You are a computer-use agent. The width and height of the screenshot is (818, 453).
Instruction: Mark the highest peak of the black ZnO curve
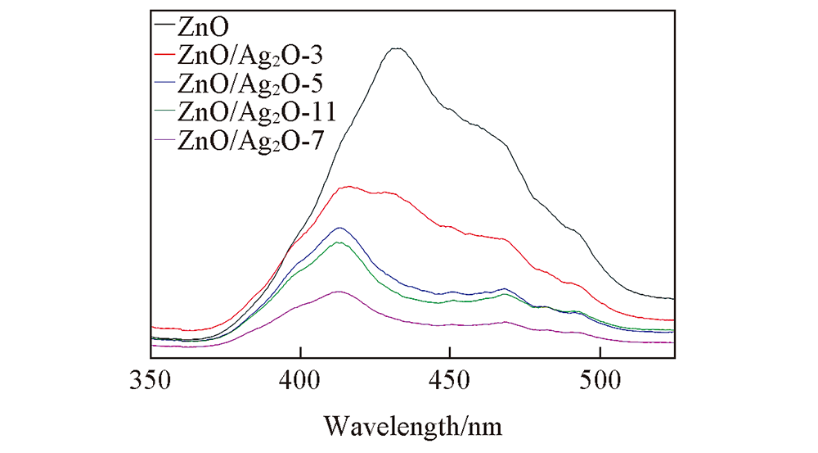(x=397, y=48)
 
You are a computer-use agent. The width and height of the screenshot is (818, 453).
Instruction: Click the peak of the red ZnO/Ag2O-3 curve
(x=350, y=187)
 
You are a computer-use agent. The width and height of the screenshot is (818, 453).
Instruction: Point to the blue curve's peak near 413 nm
(x=339, y=228)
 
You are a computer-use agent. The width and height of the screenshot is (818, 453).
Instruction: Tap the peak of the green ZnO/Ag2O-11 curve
(x=339, y=242)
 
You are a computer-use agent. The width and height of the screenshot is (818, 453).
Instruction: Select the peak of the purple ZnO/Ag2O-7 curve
(x=339, y=292)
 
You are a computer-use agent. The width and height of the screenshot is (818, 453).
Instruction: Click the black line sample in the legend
(x=164, y=25)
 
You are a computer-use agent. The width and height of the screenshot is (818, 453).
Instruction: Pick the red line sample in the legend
(x=164, y=56)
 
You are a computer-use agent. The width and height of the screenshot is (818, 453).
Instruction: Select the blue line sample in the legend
(x=164, y=85)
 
